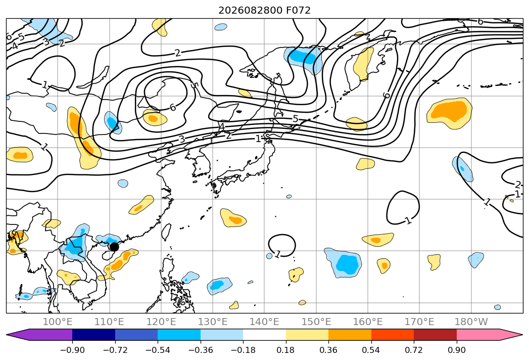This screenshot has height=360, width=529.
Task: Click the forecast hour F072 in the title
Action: coord(298,10)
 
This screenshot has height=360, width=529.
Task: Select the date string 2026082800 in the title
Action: coord(250,10)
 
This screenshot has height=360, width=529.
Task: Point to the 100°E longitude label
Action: coord(58,322)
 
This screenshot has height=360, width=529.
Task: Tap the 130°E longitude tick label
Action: coord(213,322)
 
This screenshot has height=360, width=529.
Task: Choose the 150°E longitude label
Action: coord(316,322)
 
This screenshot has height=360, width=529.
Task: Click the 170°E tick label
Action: coord(419,322)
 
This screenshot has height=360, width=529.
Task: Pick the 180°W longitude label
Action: coord(471,322)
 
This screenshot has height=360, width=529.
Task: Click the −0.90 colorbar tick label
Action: coord(72,350)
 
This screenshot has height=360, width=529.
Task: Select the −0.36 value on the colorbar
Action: coord(201,350)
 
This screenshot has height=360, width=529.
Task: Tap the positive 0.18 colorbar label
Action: coord(286,350)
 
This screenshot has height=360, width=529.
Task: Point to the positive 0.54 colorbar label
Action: coord(371,350)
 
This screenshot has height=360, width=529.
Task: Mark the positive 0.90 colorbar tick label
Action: coord(456,350)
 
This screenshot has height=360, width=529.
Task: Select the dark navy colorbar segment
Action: coord(94,335)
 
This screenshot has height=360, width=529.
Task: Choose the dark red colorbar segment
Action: coord(435,335)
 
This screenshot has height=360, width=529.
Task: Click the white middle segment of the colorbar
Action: coord(265,335)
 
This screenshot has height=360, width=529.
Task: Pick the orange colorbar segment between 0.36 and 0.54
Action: coord(350,335)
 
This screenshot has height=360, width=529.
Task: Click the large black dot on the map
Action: coord(114,247)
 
